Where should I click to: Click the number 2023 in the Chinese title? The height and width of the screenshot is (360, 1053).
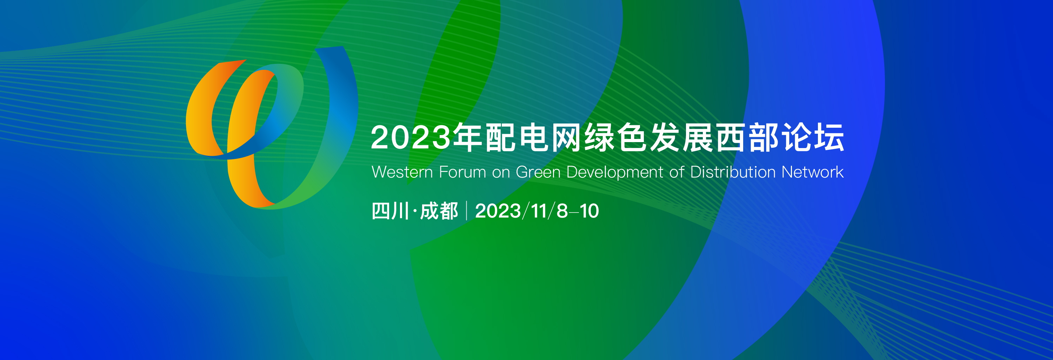click(x=411, y=138)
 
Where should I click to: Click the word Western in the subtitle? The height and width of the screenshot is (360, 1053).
click(x=402, y=172)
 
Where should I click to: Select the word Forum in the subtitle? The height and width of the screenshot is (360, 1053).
click(x=462, y=172)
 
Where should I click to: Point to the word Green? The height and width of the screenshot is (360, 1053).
click(x=538, y=172)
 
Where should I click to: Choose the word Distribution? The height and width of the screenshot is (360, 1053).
click(x=733, y=172)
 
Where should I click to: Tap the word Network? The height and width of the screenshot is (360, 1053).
click(x=812, y=172)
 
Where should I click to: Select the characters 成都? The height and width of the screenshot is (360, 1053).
click(x=439, y=211)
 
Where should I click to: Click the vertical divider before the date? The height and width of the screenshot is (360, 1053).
click(x=466, y=211)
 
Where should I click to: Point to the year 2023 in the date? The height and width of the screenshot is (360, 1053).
click(x=498, y=211)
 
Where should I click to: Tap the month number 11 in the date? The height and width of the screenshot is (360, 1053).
click(x=539, y=211)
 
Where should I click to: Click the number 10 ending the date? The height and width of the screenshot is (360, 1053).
click(x=589, y=211)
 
